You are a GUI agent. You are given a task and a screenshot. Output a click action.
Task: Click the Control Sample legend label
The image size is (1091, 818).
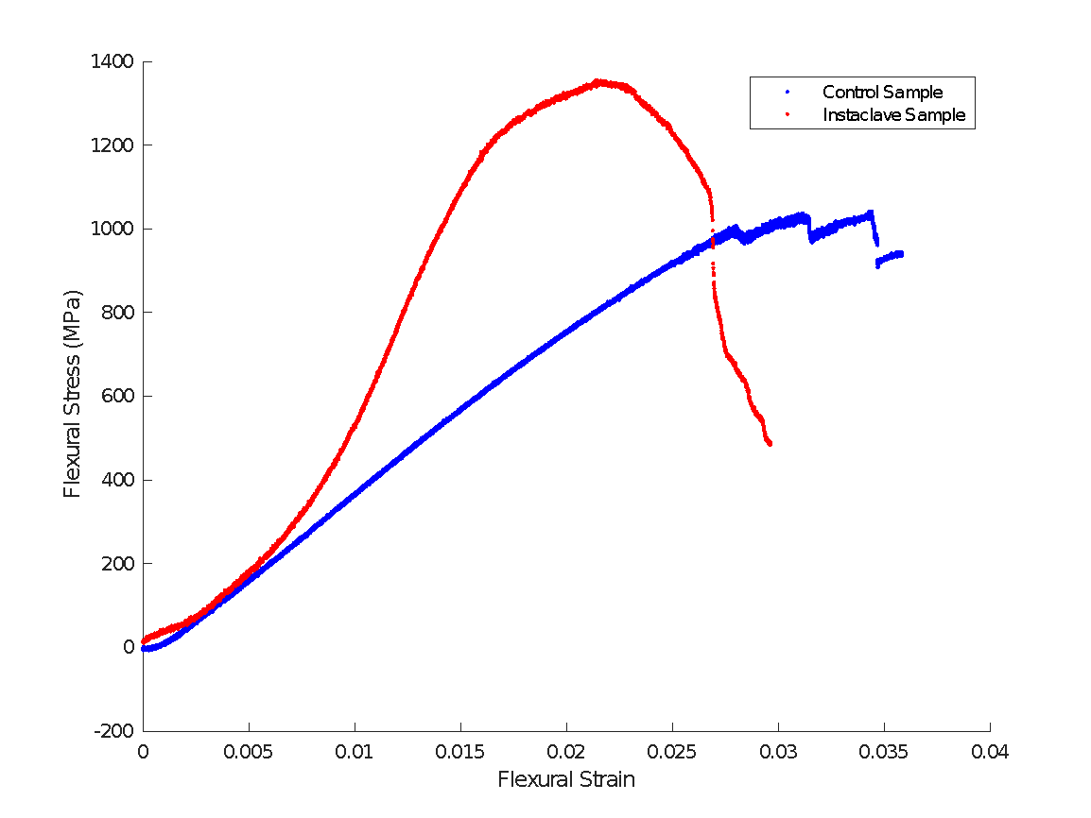pyautogui.click(x=882, y=93)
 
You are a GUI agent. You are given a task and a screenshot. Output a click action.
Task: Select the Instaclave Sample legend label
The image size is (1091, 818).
pyautogui.click(x=893, y=115)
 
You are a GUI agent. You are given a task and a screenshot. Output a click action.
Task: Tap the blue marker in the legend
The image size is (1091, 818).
pyautogui.click(x=788, y=93)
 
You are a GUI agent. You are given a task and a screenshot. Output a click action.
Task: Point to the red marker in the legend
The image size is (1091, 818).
pyautogui.click(x=788, y=115)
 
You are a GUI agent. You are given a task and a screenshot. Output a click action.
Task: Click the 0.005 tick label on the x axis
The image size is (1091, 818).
pyautogui.click(x=249, y=752)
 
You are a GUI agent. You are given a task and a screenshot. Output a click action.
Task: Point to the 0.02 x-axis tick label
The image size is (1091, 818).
pyautogui.click(x=566, y=752)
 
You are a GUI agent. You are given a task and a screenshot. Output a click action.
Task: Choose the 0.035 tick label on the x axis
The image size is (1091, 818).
pyautogui.click(x=884, y=752)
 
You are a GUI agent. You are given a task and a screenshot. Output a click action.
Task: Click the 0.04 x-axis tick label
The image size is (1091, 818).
pyautogui.click(x=990, y=752)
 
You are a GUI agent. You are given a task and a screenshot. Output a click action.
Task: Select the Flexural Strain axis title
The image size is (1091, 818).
pyautogui.click(x=566, y=780)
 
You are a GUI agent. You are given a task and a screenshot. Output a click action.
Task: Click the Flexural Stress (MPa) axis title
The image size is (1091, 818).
pyautogui.click(x=73, y=394)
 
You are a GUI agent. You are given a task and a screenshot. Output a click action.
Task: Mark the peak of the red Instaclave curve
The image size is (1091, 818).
pyautogui.click(x=598, y=81)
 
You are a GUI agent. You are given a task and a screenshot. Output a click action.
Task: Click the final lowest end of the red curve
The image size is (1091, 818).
pyautogui.click(x=770, y=443)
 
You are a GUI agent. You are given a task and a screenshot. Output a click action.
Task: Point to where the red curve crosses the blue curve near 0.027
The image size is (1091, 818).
pyautogui.click(x=712, y=243)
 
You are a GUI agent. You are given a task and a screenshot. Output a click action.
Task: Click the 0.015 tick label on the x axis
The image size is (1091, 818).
pyautogui.click(x=460, y=752)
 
